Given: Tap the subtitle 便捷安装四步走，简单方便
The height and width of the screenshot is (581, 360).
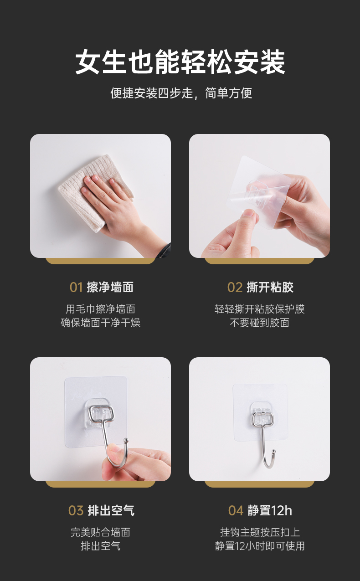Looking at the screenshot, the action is point(181,93).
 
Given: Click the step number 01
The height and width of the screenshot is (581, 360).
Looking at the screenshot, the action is point(76,288).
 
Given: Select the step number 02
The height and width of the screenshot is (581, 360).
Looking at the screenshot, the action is point(235,288).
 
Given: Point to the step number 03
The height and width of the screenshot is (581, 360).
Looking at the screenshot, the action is point(76,510).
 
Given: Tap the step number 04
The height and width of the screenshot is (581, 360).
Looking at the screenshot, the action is point(236,510).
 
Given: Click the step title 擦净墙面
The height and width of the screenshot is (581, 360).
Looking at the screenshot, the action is point(110,288).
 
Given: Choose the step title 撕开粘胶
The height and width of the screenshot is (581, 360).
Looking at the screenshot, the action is point(270,288).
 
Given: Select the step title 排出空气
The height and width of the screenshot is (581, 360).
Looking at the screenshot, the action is point(111,510).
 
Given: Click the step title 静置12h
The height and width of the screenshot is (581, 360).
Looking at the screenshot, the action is point(270,510).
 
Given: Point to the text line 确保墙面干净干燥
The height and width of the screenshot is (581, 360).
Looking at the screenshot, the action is point(100,323).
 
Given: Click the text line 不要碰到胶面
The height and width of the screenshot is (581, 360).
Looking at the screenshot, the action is point(259,323).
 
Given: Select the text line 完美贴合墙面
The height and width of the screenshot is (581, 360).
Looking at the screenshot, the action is point(100,532).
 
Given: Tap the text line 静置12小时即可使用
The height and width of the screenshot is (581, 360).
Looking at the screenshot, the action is point(260,546).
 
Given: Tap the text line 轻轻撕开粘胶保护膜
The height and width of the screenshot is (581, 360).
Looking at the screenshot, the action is point(260,309).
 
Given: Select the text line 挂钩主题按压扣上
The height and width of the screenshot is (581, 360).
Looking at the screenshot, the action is point(260,532).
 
